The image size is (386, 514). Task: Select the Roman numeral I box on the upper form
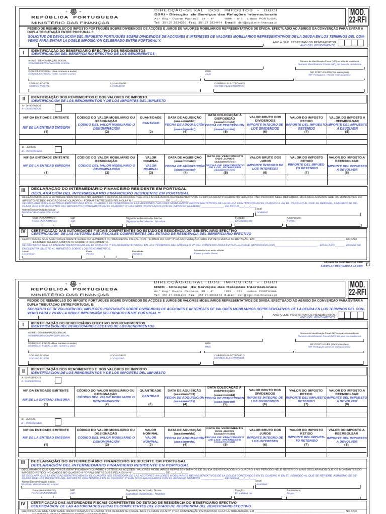pos(23,52)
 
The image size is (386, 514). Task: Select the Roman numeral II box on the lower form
pos(23,371)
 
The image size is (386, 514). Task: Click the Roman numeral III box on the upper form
pos(23,191)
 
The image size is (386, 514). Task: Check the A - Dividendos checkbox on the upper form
pos(58,107)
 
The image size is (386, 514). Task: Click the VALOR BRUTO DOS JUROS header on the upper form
pos(265,159)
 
